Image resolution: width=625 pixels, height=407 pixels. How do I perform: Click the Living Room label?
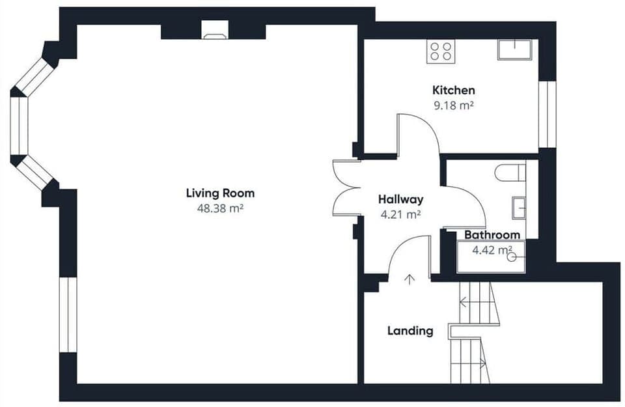pos(220,193)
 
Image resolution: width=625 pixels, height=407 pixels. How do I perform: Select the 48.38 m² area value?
pos(220,208)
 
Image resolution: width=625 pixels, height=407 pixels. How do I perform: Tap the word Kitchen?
pos(453,90)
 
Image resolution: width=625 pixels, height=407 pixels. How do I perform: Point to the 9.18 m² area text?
pos(453,105)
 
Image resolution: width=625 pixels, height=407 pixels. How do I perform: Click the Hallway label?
pos(400,199)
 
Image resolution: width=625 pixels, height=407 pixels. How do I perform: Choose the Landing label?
pos(410,331)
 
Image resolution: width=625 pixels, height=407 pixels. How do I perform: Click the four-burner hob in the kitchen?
pos(441,51)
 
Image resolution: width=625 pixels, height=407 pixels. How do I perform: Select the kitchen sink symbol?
pos(514,49)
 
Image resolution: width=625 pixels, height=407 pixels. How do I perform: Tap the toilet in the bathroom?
pos(510,173)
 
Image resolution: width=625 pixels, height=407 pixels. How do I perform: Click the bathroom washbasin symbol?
pos(518,208)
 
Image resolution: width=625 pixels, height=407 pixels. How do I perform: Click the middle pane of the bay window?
pos(20,126)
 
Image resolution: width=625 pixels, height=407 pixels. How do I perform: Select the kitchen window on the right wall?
pos(551,114)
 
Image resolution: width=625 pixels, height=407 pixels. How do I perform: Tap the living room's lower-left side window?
pos(68,315)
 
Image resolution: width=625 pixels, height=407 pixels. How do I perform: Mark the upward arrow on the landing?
pos(410,279)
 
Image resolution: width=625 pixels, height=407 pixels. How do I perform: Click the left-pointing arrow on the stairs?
pos(464,302)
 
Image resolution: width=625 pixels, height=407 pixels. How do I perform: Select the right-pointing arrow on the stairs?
pos(482,362)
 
